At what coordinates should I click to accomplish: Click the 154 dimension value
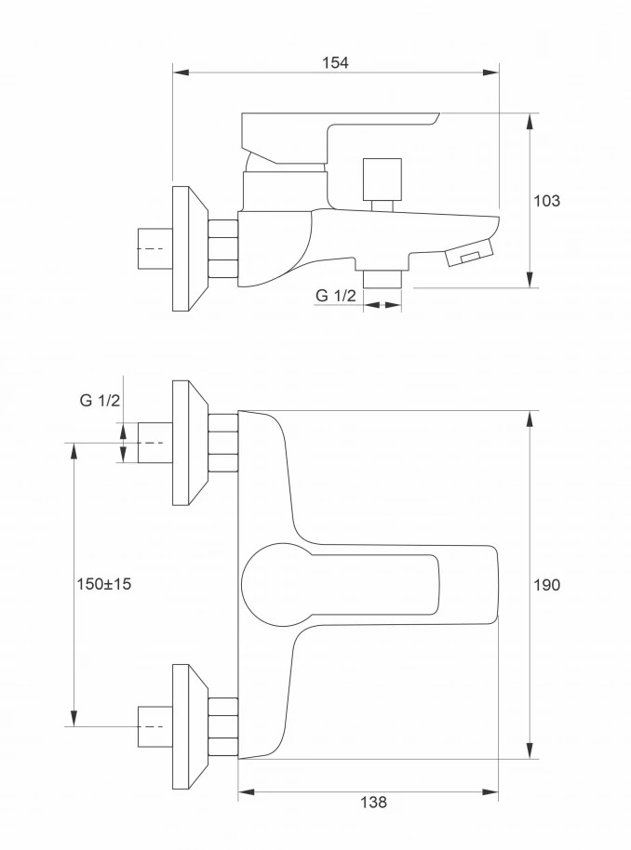[335, 62]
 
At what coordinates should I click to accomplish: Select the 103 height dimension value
[547, 200]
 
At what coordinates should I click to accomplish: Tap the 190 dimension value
[547, 584]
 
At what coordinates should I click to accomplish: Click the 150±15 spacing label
[104, 584]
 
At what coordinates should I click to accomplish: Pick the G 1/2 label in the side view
[336, 296]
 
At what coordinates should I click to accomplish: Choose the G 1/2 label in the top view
[100, 401]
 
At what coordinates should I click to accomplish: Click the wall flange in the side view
[190, 248]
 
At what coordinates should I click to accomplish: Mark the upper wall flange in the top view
[190, 443]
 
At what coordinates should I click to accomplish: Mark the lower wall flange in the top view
[190, 726]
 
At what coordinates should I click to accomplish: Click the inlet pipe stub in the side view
[154, 248]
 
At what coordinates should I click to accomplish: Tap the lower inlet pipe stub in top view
[154, 726]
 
